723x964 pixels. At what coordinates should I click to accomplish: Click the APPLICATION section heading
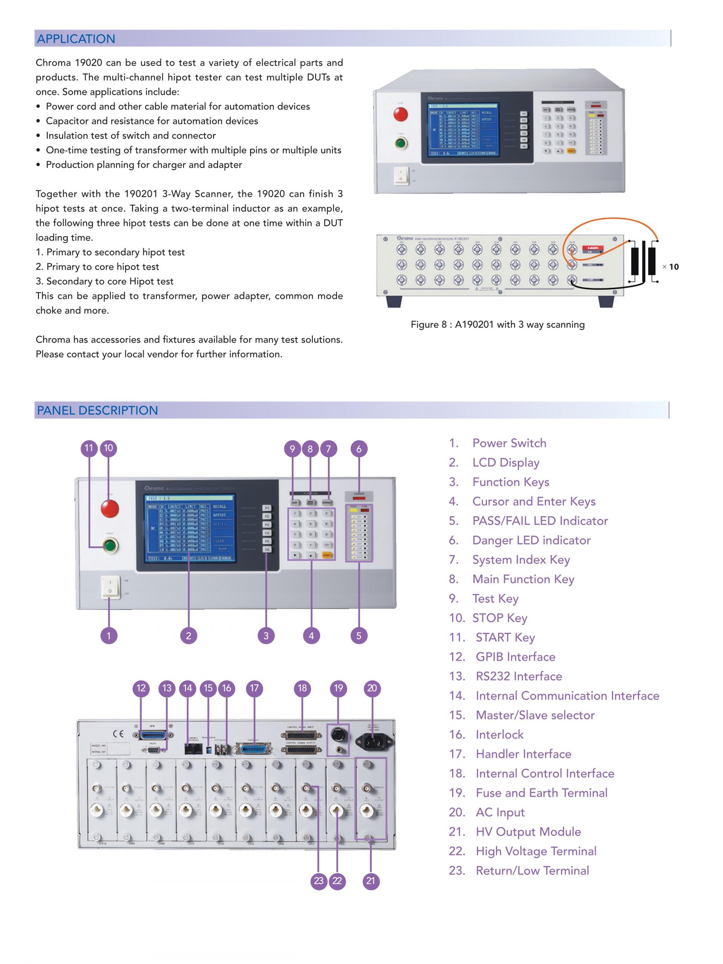(x=76, y=39)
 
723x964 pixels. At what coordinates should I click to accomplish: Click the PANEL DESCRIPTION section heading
(x=97, y=410)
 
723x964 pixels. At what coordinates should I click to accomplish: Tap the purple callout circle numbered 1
(x=108, y=635)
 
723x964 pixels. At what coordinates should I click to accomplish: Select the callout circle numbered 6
(x=358, y=448)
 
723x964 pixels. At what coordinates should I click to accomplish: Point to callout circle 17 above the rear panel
(x=254, y=688)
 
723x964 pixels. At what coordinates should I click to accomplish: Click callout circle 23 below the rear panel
(x=319, y=881)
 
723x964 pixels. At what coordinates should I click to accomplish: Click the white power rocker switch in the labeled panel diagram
(x=110, y=587)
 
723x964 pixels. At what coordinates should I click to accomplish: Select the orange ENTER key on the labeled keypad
(x=326, y=555)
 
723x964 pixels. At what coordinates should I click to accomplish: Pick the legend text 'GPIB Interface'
(x=515, y=657)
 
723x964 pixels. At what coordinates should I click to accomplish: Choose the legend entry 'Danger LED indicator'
(x=531, y=540)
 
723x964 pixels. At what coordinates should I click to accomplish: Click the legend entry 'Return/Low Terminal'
(x=532, y=870)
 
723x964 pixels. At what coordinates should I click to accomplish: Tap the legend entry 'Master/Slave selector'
(x=535, y=715)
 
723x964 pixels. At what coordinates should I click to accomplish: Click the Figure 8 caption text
(x=497, y=324)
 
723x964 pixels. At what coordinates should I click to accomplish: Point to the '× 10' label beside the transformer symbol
(x=671, y=267)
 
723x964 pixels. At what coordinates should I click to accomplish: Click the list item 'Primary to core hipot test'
(x=102, y=267)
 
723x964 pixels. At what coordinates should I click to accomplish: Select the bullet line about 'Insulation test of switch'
(x=131, y=136)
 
